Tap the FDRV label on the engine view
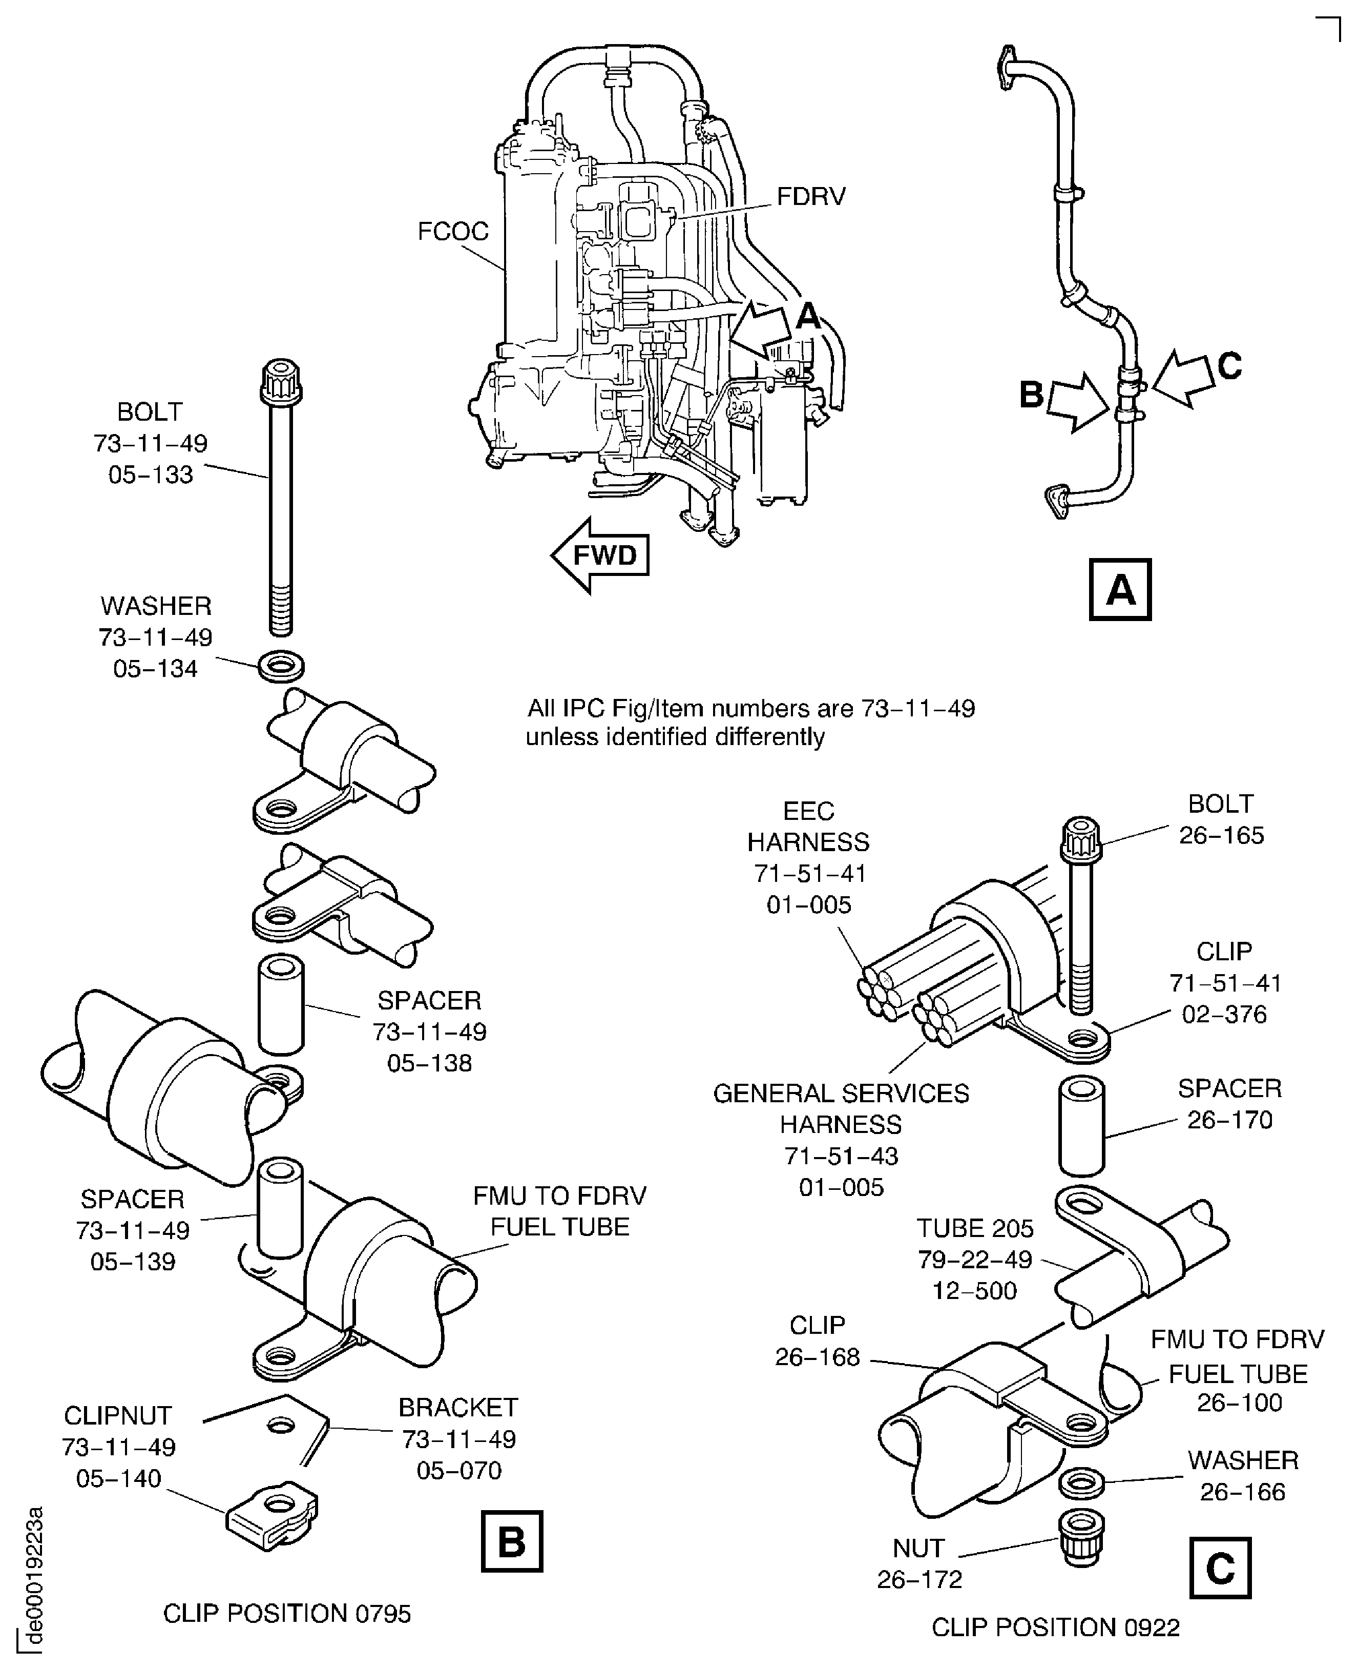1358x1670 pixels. pyautogui.click(x=810, y=196)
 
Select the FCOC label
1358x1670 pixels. pyautogui.click(x=452, y=232)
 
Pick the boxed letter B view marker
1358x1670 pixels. pyautogui.click(x=512, y=1542)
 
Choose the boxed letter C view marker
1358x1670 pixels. pyautogui.click(x=1220, y=1568)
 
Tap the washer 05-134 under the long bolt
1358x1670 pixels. pyautogui.click(x=281, y=667)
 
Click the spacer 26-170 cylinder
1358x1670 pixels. pyautogui.click(x=1082, y=1127)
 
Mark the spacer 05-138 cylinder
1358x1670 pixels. pyautogui.click(x=281, y=1004)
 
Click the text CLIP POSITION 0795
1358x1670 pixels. pyautogui.click(x=286, y=1614)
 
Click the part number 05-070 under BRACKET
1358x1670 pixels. pyautogui.click(x=458, y=1471)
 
